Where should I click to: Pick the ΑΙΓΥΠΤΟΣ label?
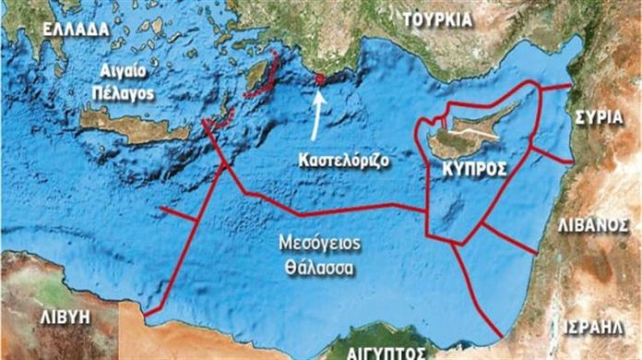point(383,352)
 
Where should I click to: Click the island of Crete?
point(129,125)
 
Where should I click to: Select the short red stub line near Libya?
point(181,215)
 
